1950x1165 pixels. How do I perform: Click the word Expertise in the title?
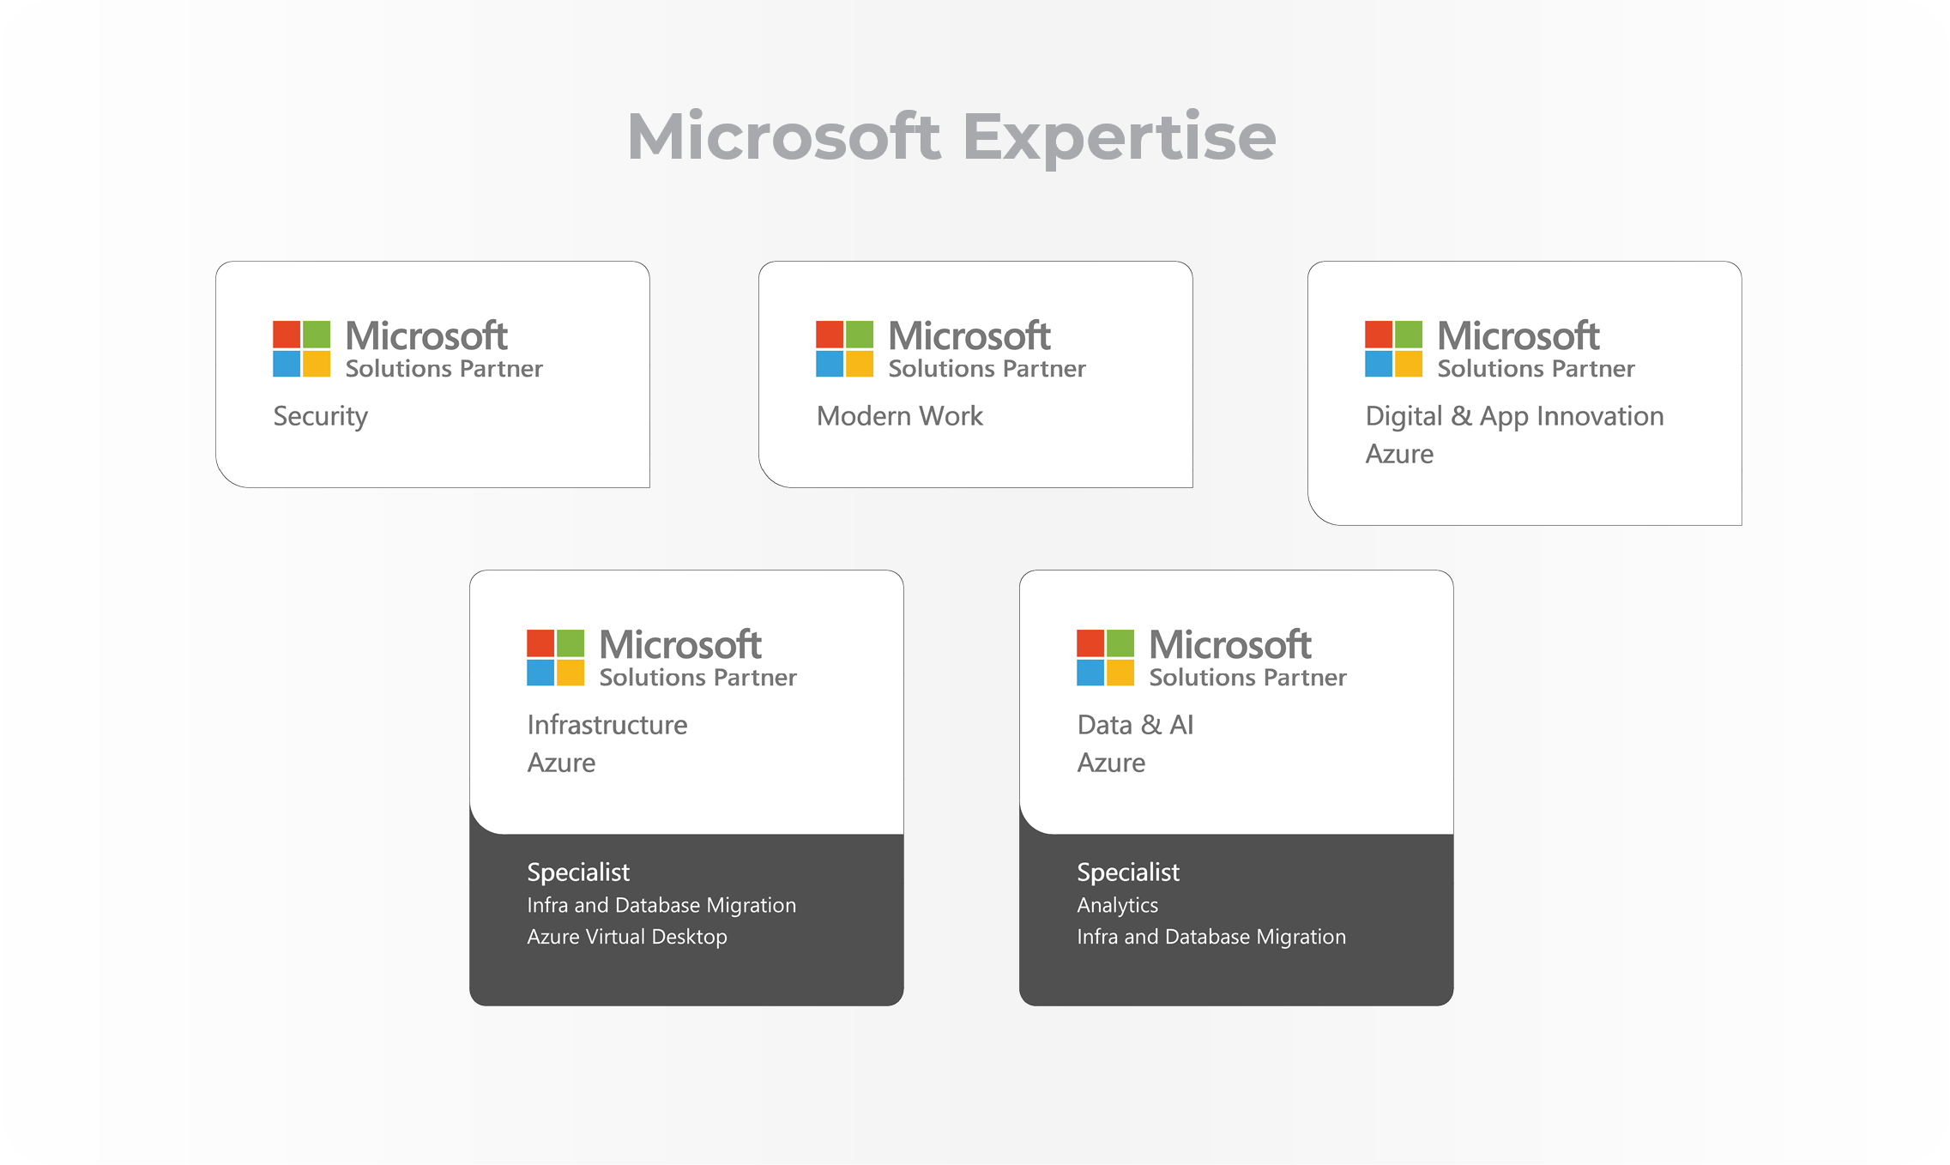coord(1119,137)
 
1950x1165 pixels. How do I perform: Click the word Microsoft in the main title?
coord(783,137)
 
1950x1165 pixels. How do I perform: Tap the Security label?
coord(320,416)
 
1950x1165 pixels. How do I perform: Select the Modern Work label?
coord(899,416)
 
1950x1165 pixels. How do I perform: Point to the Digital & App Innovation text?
coord(1514,416)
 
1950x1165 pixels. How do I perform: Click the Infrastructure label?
coord(607,725)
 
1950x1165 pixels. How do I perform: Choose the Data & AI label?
coord(1135,725)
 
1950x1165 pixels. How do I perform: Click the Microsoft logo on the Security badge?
coord(301,349)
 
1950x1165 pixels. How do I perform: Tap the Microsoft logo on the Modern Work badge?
coord(844,349)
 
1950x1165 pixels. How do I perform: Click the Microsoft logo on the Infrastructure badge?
coord(555,658)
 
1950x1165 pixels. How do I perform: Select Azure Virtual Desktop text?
coord(626,937)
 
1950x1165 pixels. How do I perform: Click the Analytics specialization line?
coord(1117,905)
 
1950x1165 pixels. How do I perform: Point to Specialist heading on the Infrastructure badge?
coord(578,872)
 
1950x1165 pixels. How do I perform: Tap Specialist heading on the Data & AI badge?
coord(1128,872)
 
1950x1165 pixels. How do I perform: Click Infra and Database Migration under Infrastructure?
coord(661,905)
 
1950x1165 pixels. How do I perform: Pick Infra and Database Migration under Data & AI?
coord(1210,937)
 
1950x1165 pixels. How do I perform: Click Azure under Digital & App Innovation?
coord(1399,454)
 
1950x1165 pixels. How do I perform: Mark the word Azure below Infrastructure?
coord(561,763)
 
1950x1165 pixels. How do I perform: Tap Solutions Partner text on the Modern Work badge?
coord(987,369)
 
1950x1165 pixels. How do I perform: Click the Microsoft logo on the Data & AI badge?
coord(1105,658)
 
